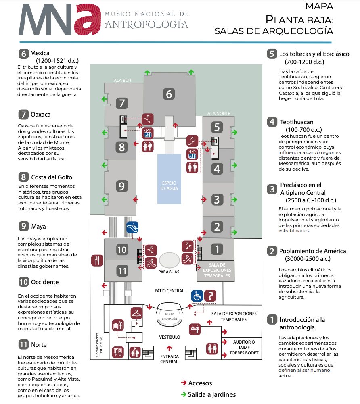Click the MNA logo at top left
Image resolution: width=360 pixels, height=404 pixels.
[59, 20]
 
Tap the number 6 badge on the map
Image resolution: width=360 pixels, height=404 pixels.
[169, 94]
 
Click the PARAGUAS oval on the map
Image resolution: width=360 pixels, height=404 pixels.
[169, 261]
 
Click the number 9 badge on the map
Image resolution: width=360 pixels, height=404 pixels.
[122, 186]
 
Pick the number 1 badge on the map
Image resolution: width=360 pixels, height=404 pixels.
[217, 249]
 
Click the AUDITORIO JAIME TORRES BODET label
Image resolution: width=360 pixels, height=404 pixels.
[244, 347]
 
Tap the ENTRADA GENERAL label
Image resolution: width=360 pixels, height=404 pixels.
[169, 359]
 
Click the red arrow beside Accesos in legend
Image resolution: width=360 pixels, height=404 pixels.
[183, 383]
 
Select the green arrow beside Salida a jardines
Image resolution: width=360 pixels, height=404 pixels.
[183, 394]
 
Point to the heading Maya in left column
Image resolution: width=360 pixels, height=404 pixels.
[38, 227]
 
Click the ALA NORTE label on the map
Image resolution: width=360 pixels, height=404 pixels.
[219, 114]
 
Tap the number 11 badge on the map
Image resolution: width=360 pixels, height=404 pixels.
[122, 271]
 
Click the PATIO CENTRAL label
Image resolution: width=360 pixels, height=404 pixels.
[170, 291]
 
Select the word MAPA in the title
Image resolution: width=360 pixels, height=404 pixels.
[319, 6]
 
